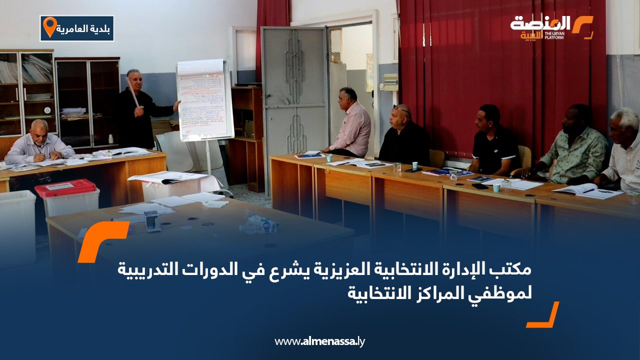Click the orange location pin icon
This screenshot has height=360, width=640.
coord(49,27)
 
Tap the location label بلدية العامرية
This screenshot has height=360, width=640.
coord(84,28)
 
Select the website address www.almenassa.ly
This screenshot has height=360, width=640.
coord(320,341)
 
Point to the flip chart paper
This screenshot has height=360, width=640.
coord(205,100)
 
